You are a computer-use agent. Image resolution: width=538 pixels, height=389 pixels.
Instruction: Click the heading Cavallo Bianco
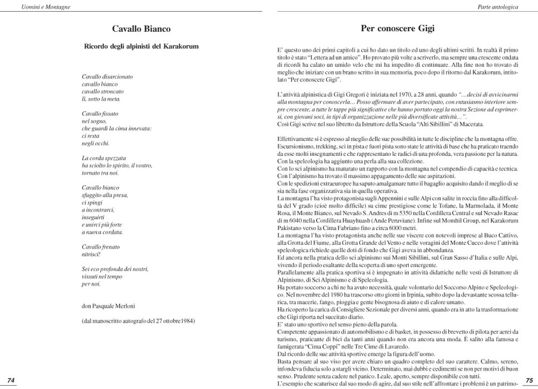[x=141, y=29]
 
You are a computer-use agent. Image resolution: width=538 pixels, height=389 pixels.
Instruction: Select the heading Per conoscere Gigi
[x=397, y=28]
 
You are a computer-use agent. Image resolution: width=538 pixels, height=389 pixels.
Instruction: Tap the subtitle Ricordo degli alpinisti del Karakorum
[x=141, y=46]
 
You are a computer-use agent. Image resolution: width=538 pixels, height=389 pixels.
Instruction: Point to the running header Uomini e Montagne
[x=34, y=7]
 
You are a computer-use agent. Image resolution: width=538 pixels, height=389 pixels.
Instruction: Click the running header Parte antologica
[x=498, y=7]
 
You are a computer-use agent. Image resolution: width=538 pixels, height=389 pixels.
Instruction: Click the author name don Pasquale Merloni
[x=109, y=306]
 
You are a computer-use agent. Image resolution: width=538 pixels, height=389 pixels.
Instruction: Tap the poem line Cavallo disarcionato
[x=107, y=76]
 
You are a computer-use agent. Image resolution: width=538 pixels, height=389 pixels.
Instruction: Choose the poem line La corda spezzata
[x=104, y=158]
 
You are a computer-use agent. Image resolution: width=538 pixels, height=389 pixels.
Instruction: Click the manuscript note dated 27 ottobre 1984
[x=138, y=321]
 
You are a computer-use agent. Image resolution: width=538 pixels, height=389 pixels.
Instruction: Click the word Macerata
[x=455, y=124]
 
